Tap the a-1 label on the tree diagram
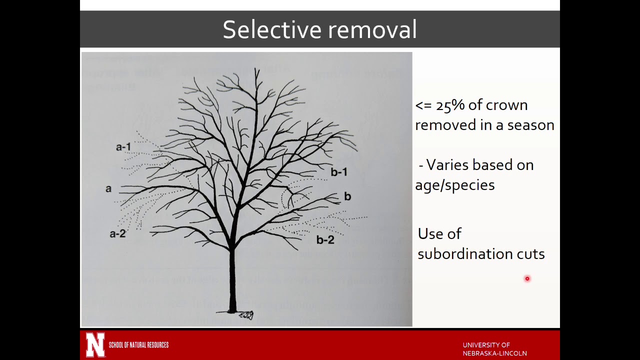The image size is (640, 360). coord(123,147)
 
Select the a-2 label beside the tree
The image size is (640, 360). coord(117,233)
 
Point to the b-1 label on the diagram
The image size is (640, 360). coord(339,172)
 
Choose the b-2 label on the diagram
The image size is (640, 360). coord(325,240)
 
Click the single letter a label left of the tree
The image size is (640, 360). coord(108,189)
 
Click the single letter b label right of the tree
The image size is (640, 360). coord(347,196)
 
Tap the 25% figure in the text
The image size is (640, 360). coord(450,105)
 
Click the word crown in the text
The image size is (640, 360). coord(506,105)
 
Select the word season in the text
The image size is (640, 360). coord(530,125)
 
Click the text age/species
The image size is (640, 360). coord(454,185)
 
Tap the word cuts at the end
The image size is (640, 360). coord(530,254)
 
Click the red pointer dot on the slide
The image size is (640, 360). coord(527,279)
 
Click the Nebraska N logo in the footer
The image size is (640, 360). coord(95,344)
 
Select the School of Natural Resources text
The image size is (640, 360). coord(138,345)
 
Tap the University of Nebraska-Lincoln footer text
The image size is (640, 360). coord(494,349)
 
